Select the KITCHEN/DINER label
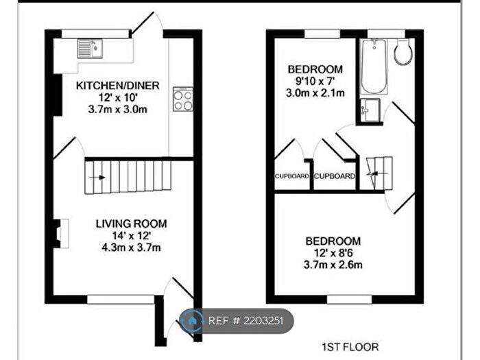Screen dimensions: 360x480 (117, 86)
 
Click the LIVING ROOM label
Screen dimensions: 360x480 (130, 224)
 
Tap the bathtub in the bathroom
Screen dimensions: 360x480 (375, 67)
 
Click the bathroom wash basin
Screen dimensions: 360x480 (370, 110)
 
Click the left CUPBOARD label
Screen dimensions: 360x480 (292, 176)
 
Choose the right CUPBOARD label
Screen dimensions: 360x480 (335, 176)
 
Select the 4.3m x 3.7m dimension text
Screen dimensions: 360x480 (130, 248)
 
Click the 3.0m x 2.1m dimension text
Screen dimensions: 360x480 (315, 93)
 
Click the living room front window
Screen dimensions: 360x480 (120, 299)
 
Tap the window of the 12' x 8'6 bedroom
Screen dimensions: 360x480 (349, 299)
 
